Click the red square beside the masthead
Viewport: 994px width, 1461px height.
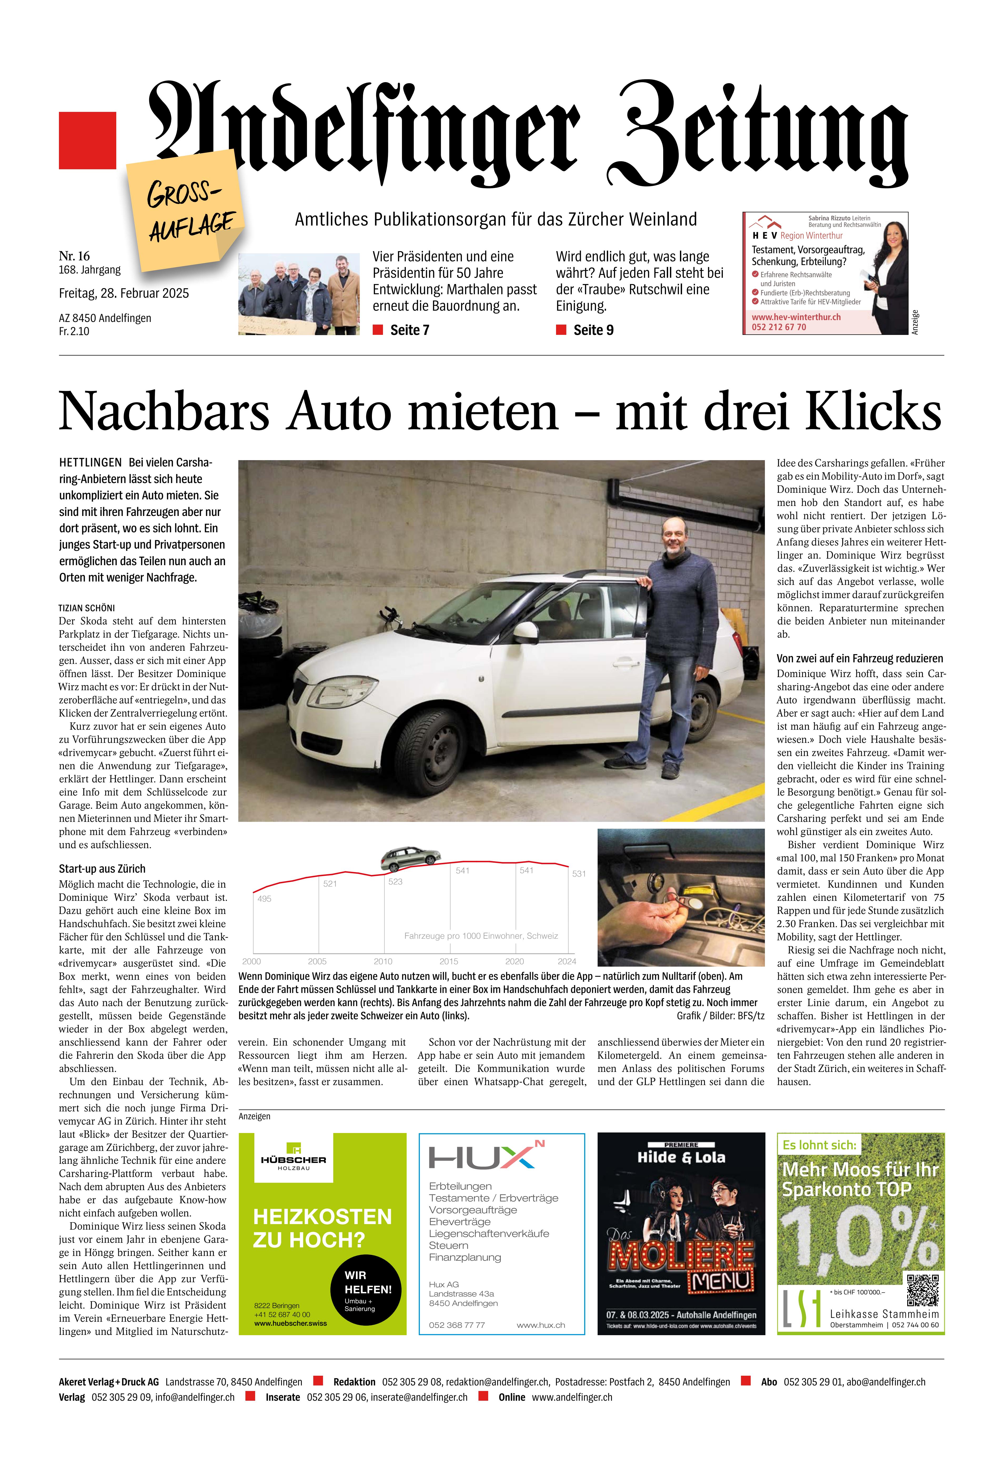(87, 140)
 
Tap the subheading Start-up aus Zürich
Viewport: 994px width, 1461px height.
(102, 869)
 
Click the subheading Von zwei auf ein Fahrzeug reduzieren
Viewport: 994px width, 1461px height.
(860, 658)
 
